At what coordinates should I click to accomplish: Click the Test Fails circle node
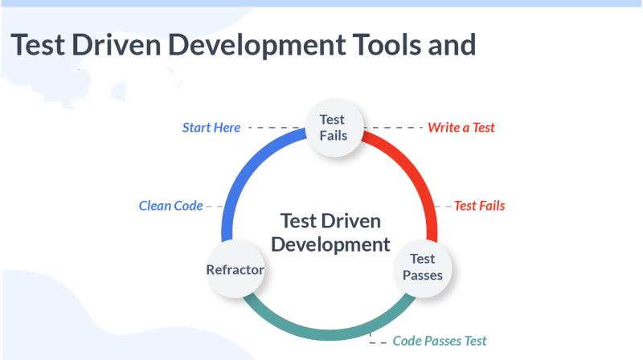pos(334,128)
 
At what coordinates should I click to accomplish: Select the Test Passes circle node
pos(423,268)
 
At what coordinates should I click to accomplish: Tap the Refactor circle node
pos(235,268)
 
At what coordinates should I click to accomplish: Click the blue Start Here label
pos(211,128)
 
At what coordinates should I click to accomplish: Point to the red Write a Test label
pos(461,128)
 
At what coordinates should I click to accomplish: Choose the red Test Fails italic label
pos(480,206)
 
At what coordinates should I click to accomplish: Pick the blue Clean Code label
pos(170,206)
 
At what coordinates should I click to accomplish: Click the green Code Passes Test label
pos(440,341)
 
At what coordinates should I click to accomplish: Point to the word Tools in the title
pos(387,45)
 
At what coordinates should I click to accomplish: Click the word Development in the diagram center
pos(330,245)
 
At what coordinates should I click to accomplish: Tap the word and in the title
pos(452,45)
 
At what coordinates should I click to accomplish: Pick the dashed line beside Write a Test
pos(394,128)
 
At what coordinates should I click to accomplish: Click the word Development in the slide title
pos(256,46)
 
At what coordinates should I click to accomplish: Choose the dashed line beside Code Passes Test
pos(377,340)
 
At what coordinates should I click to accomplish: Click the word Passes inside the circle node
pos(423,275)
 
